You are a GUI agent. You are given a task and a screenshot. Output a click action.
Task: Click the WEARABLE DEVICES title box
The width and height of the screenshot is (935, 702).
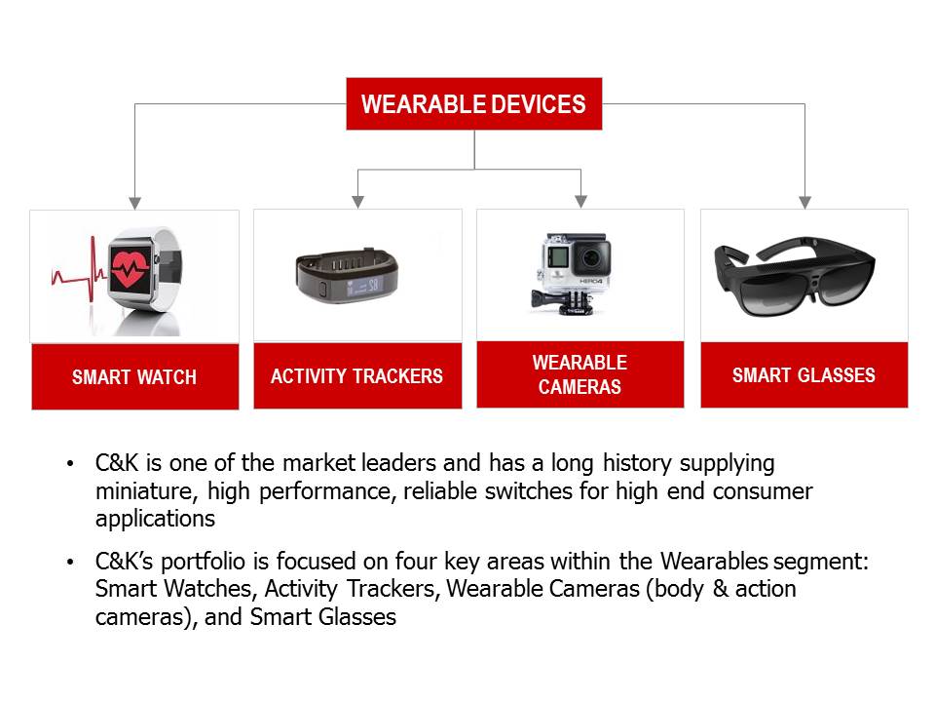474,104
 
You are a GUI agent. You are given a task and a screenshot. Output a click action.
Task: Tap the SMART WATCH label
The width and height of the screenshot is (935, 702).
134,376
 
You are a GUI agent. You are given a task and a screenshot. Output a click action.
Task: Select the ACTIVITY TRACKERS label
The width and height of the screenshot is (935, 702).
357,375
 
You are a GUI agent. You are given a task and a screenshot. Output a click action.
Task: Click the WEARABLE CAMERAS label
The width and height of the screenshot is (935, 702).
580,374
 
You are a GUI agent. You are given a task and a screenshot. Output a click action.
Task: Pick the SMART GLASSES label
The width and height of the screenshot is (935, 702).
804,374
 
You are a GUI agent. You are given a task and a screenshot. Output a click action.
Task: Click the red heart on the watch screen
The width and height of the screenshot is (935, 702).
130,268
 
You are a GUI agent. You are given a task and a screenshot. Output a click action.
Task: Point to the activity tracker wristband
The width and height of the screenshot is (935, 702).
347,275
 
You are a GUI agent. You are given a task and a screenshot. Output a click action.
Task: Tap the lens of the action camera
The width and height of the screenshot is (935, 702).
591,257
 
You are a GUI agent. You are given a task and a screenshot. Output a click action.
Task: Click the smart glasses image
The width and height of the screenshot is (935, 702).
795,276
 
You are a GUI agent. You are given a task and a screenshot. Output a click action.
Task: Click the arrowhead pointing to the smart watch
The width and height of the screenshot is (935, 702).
135,203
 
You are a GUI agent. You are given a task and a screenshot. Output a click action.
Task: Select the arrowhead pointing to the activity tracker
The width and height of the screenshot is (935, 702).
357,202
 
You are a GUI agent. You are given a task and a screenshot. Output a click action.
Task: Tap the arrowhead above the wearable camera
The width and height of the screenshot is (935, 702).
580,202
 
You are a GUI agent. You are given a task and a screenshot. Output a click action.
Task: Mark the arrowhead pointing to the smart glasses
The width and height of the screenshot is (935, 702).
805,203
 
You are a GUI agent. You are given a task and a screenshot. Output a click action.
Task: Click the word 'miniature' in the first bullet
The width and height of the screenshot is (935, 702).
143,491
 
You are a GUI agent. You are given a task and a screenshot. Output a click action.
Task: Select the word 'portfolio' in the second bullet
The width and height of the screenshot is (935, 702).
203,562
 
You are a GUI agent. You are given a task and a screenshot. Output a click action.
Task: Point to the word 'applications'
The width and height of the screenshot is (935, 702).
155,519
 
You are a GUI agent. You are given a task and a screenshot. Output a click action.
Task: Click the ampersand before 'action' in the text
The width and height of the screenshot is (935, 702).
721,589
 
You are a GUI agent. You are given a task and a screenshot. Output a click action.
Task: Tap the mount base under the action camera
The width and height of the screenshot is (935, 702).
563,301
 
